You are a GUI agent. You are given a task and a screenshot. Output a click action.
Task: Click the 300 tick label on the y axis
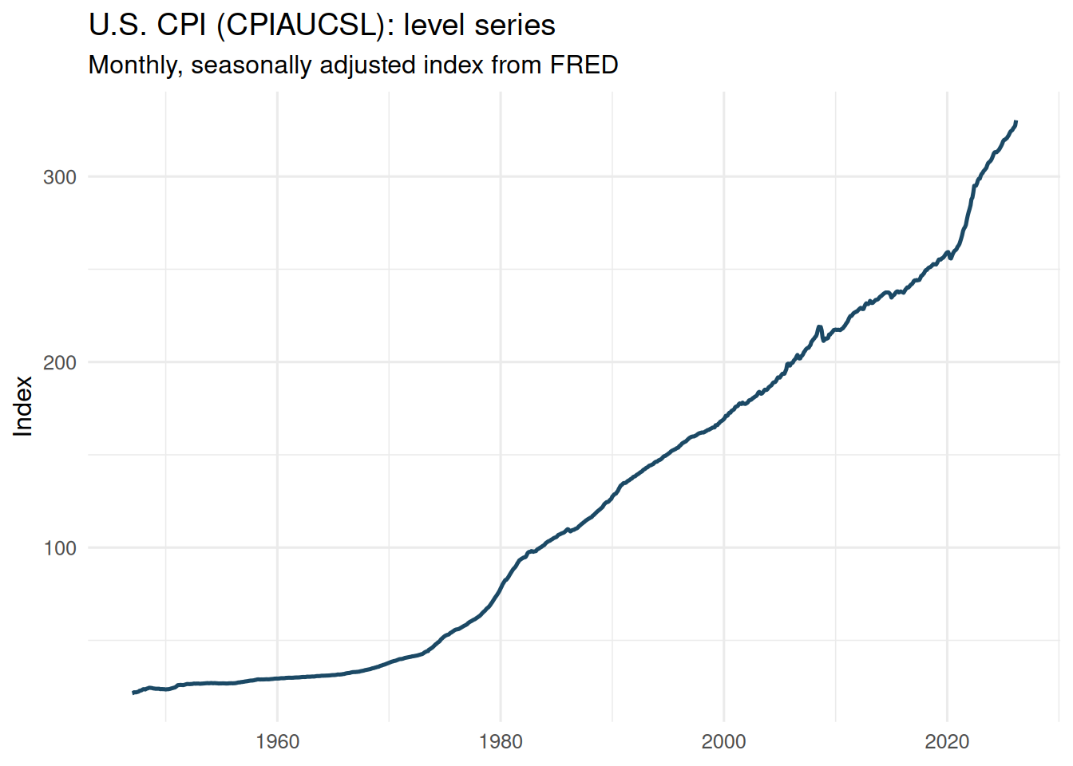pyautogui.click(x=60, y=177)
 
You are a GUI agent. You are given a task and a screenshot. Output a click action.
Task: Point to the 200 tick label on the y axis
pyautogui.click(x=60, y=362)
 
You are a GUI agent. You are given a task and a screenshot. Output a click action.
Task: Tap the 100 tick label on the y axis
pyautogui.click(x=60, y=548)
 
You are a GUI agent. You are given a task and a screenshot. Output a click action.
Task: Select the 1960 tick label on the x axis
pyautogui.click(x=277, y=742)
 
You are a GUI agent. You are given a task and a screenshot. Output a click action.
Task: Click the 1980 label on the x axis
pyautogui.click(x=501, y=742)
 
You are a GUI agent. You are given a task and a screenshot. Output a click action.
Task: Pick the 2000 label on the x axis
pyautogui.click(x=723, y=742)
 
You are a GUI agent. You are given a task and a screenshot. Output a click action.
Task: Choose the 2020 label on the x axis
pyautogui.click(x=947, y=742)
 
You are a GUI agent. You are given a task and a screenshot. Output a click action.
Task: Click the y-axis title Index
pyautogui.click(x=24, y=406)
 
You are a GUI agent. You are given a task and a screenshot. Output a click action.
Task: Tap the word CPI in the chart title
pyautogui.click(x=183, y=26)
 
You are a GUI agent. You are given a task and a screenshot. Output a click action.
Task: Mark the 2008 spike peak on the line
pyautogui.click(x=819, y=326)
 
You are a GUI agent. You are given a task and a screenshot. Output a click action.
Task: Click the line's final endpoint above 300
pyautogui.click(x=1016, y=122)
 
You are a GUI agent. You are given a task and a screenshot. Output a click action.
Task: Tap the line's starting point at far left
pyautogui.click(x=133, y=693)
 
